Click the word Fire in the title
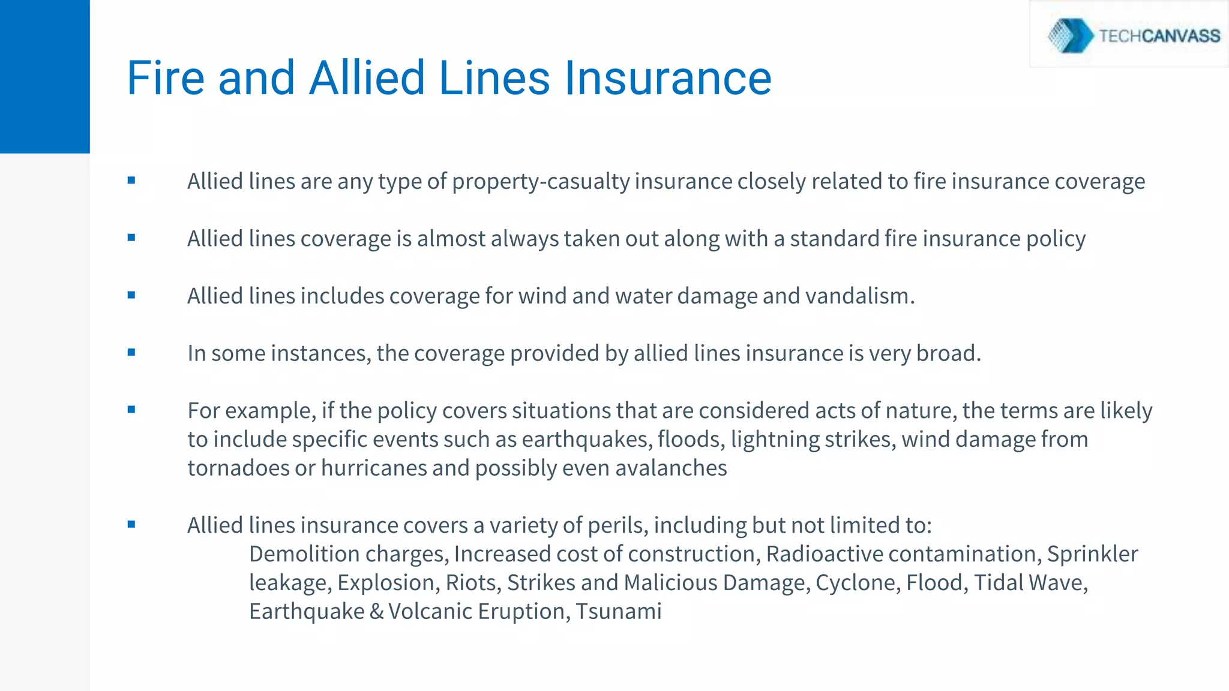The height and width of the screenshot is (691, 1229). point(166,78)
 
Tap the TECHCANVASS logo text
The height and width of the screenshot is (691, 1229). point(1159,36)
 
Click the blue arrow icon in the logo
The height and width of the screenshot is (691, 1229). point(1072,35)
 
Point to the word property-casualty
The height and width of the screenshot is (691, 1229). point(540,182)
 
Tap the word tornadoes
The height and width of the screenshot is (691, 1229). point(238,468)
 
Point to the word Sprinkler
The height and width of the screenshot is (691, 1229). point(1092,554)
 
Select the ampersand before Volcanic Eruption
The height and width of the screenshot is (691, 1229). point(376,612)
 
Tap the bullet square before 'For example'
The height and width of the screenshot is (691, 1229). point(131,410)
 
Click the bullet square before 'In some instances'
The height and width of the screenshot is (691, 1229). point(131,352)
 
